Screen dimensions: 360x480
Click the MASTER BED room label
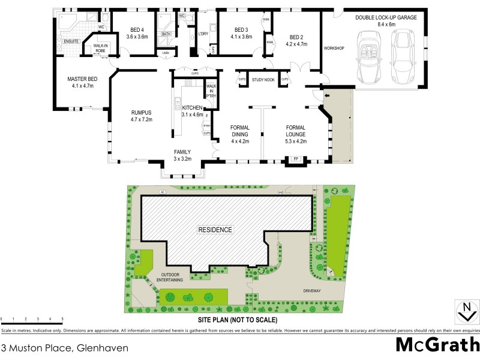pos(83,82)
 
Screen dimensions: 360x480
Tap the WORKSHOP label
pos(334,48)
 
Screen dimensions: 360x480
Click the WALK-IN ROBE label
pos(100,49)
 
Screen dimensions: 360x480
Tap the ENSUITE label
pos(72,41)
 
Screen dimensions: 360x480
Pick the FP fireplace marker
pos(295,159)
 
